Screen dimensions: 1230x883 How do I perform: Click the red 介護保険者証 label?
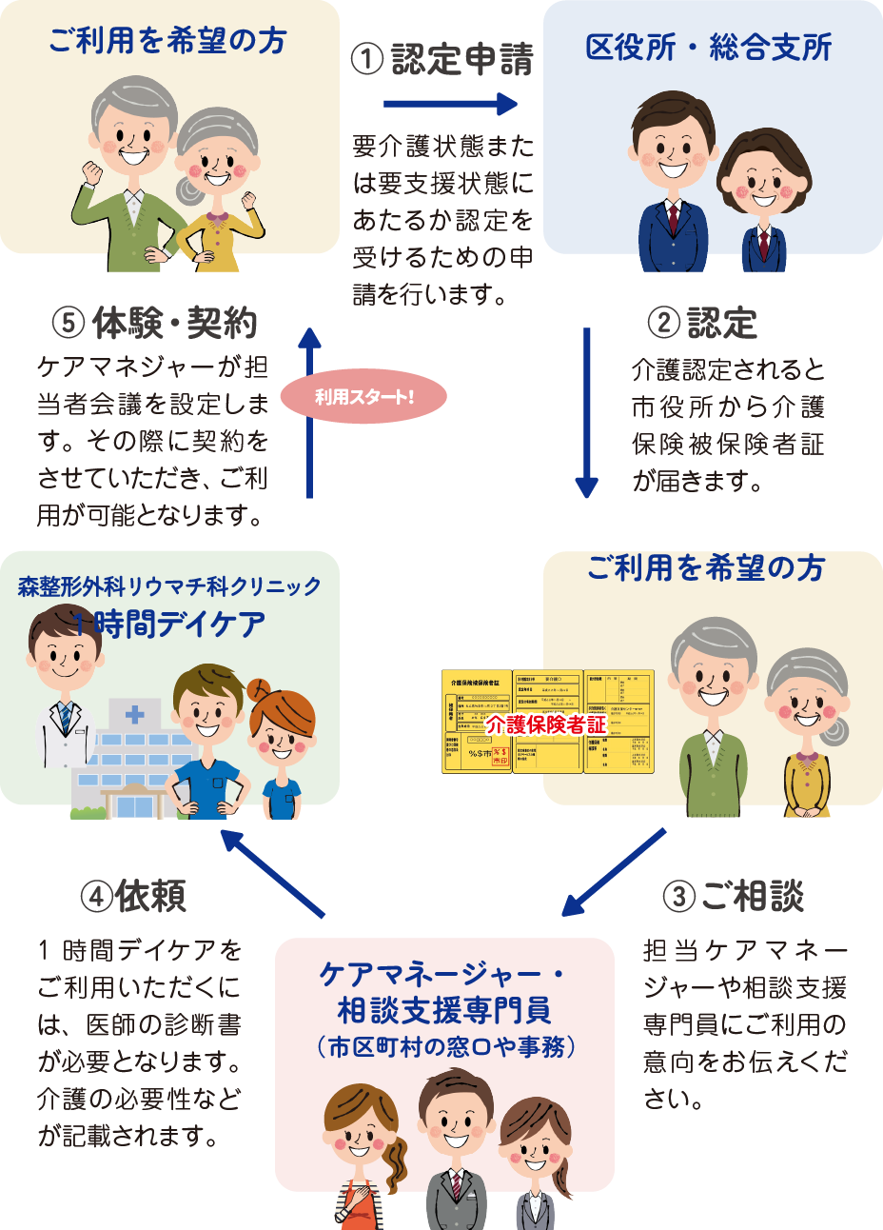coord(546,724)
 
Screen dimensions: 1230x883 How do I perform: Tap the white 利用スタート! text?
coord(364,397)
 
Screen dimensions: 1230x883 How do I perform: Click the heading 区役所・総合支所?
coord(709,48)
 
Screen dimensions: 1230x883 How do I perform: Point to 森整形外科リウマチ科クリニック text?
coord(169,586)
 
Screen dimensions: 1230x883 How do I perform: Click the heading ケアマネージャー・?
coord(443,974)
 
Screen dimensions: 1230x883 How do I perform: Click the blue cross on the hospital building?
coord(135,714)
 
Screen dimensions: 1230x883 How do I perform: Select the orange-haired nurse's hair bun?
coord(257,687)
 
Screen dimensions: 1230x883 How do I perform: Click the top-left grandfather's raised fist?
coord(92,173)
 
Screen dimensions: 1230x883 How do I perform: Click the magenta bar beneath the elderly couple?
coord(741,925)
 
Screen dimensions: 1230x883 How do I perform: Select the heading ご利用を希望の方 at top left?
coord(167,42)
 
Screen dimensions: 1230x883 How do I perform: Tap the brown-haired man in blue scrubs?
coord(209,743)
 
